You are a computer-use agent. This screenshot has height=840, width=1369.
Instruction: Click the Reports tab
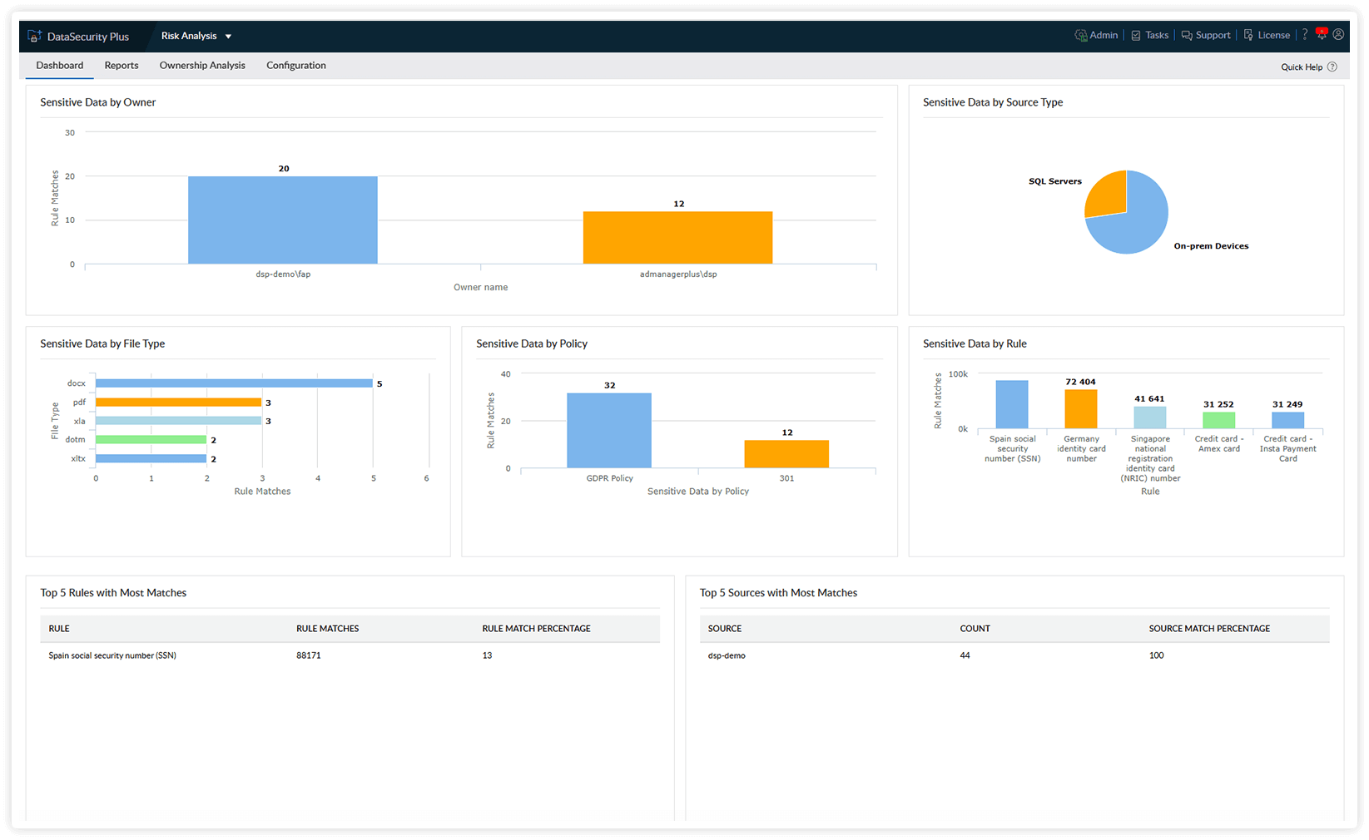[122, 66]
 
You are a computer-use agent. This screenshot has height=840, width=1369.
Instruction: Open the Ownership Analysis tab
[202, 66]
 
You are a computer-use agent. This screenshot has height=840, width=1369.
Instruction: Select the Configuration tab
[296, 66]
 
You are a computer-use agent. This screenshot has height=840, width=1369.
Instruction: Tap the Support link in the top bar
[1206, 35]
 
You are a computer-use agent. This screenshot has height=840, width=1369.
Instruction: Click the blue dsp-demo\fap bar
[283, 220]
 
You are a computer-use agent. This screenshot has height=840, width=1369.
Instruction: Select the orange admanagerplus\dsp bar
[677, 238]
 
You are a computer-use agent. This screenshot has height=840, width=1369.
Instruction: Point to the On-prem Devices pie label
[1211, 246]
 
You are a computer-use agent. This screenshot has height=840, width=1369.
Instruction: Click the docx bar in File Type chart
[234, 383]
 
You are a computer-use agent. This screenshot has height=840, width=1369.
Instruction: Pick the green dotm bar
[151, 440]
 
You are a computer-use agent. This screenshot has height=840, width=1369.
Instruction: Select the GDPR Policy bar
[609, 430]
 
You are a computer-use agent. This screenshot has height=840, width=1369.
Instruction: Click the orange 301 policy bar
[786, 454]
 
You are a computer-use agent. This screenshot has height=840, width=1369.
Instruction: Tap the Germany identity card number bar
[1081, 409]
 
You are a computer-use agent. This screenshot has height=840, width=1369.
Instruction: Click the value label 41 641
[1149, 399]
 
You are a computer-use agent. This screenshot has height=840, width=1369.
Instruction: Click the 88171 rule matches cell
[309, 655]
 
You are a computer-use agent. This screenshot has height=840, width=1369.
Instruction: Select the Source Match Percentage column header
[1209, 629]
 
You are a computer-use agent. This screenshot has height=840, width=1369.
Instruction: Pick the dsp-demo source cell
[727, 655]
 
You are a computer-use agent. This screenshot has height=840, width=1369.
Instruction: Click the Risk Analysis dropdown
[196, 36]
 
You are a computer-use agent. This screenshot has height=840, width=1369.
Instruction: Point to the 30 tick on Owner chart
[70, 133]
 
